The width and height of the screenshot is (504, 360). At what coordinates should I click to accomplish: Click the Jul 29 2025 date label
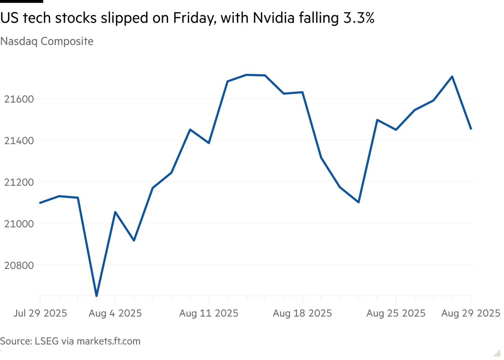point(40,314)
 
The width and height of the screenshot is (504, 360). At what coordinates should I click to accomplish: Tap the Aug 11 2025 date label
point(209,314)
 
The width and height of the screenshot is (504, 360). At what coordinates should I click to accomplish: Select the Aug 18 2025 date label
point(302,314)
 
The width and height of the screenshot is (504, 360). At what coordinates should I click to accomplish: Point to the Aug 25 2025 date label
point(396,314)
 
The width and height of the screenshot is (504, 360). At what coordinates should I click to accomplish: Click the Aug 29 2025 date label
point(471,314)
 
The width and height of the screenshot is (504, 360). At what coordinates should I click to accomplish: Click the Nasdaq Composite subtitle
point(46,41)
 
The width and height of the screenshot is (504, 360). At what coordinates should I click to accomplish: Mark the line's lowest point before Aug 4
point(97,295)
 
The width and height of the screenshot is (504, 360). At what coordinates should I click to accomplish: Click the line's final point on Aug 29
point(471,129)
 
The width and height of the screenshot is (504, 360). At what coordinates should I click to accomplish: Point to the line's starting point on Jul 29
point(39,202)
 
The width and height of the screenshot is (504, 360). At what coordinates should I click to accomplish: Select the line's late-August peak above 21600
point(452,76)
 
